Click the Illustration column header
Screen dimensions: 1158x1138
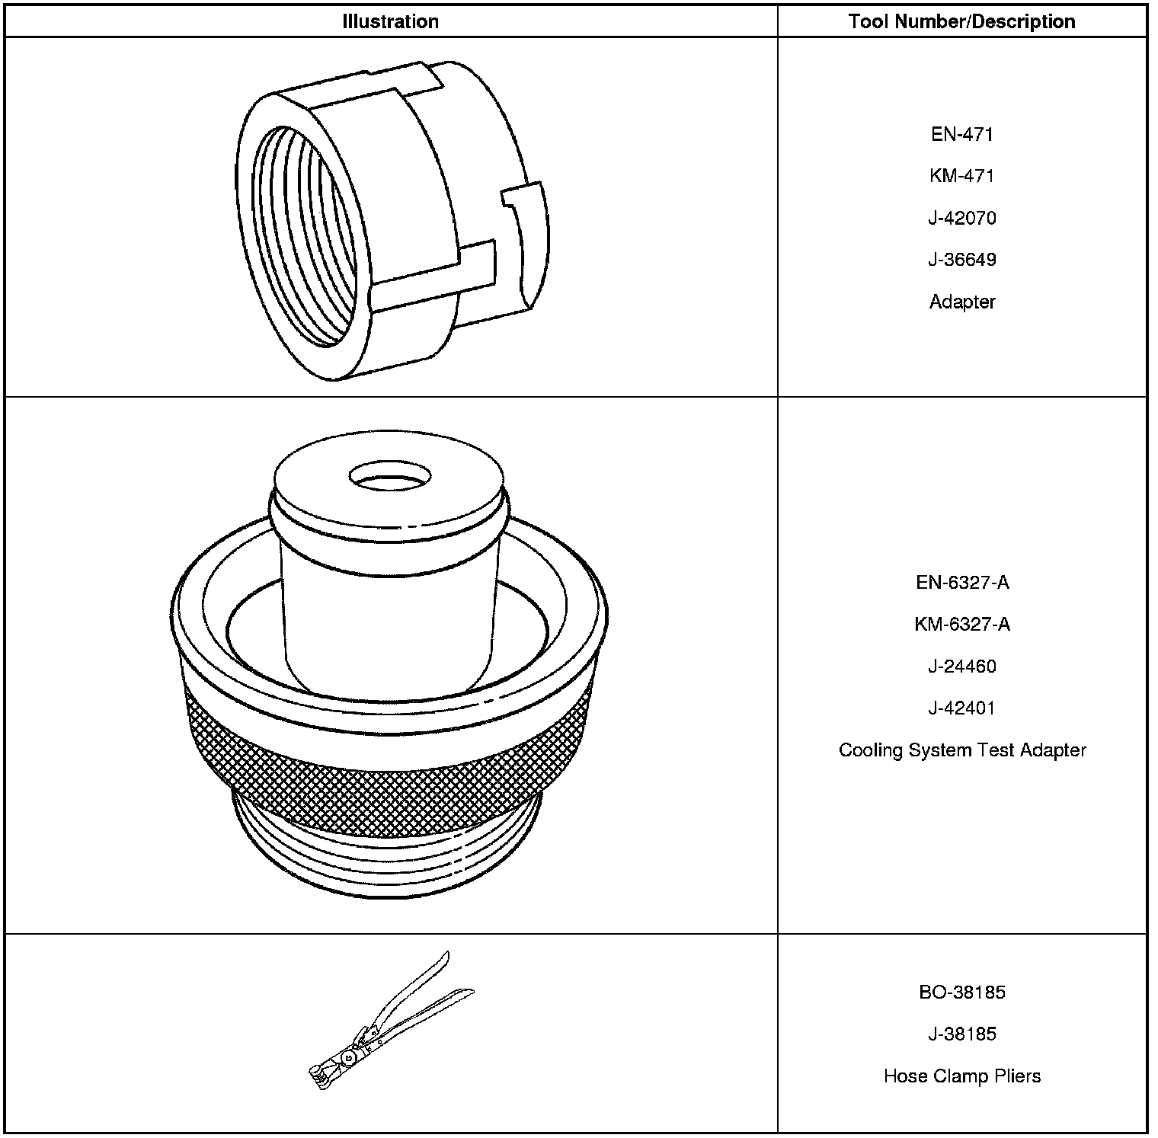coord(390,21)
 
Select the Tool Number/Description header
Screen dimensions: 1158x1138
coord(962,21)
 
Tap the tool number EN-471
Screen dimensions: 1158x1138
coord(962,135)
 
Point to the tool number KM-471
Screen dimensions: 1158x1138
coord(962,176)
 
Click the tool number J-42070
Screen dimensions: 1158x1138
coord(962,218)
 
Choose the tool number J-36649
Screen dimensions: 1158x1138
coord(962,260)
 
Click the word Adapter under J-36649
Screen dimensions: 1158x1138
coord(962,302)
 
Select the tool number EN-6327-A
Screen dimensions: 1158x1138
coord(962,583)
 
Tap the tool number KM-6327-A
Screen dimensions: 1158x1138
coord(962,625)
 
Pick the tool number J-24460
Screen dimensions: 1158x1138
coord(962,666)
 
